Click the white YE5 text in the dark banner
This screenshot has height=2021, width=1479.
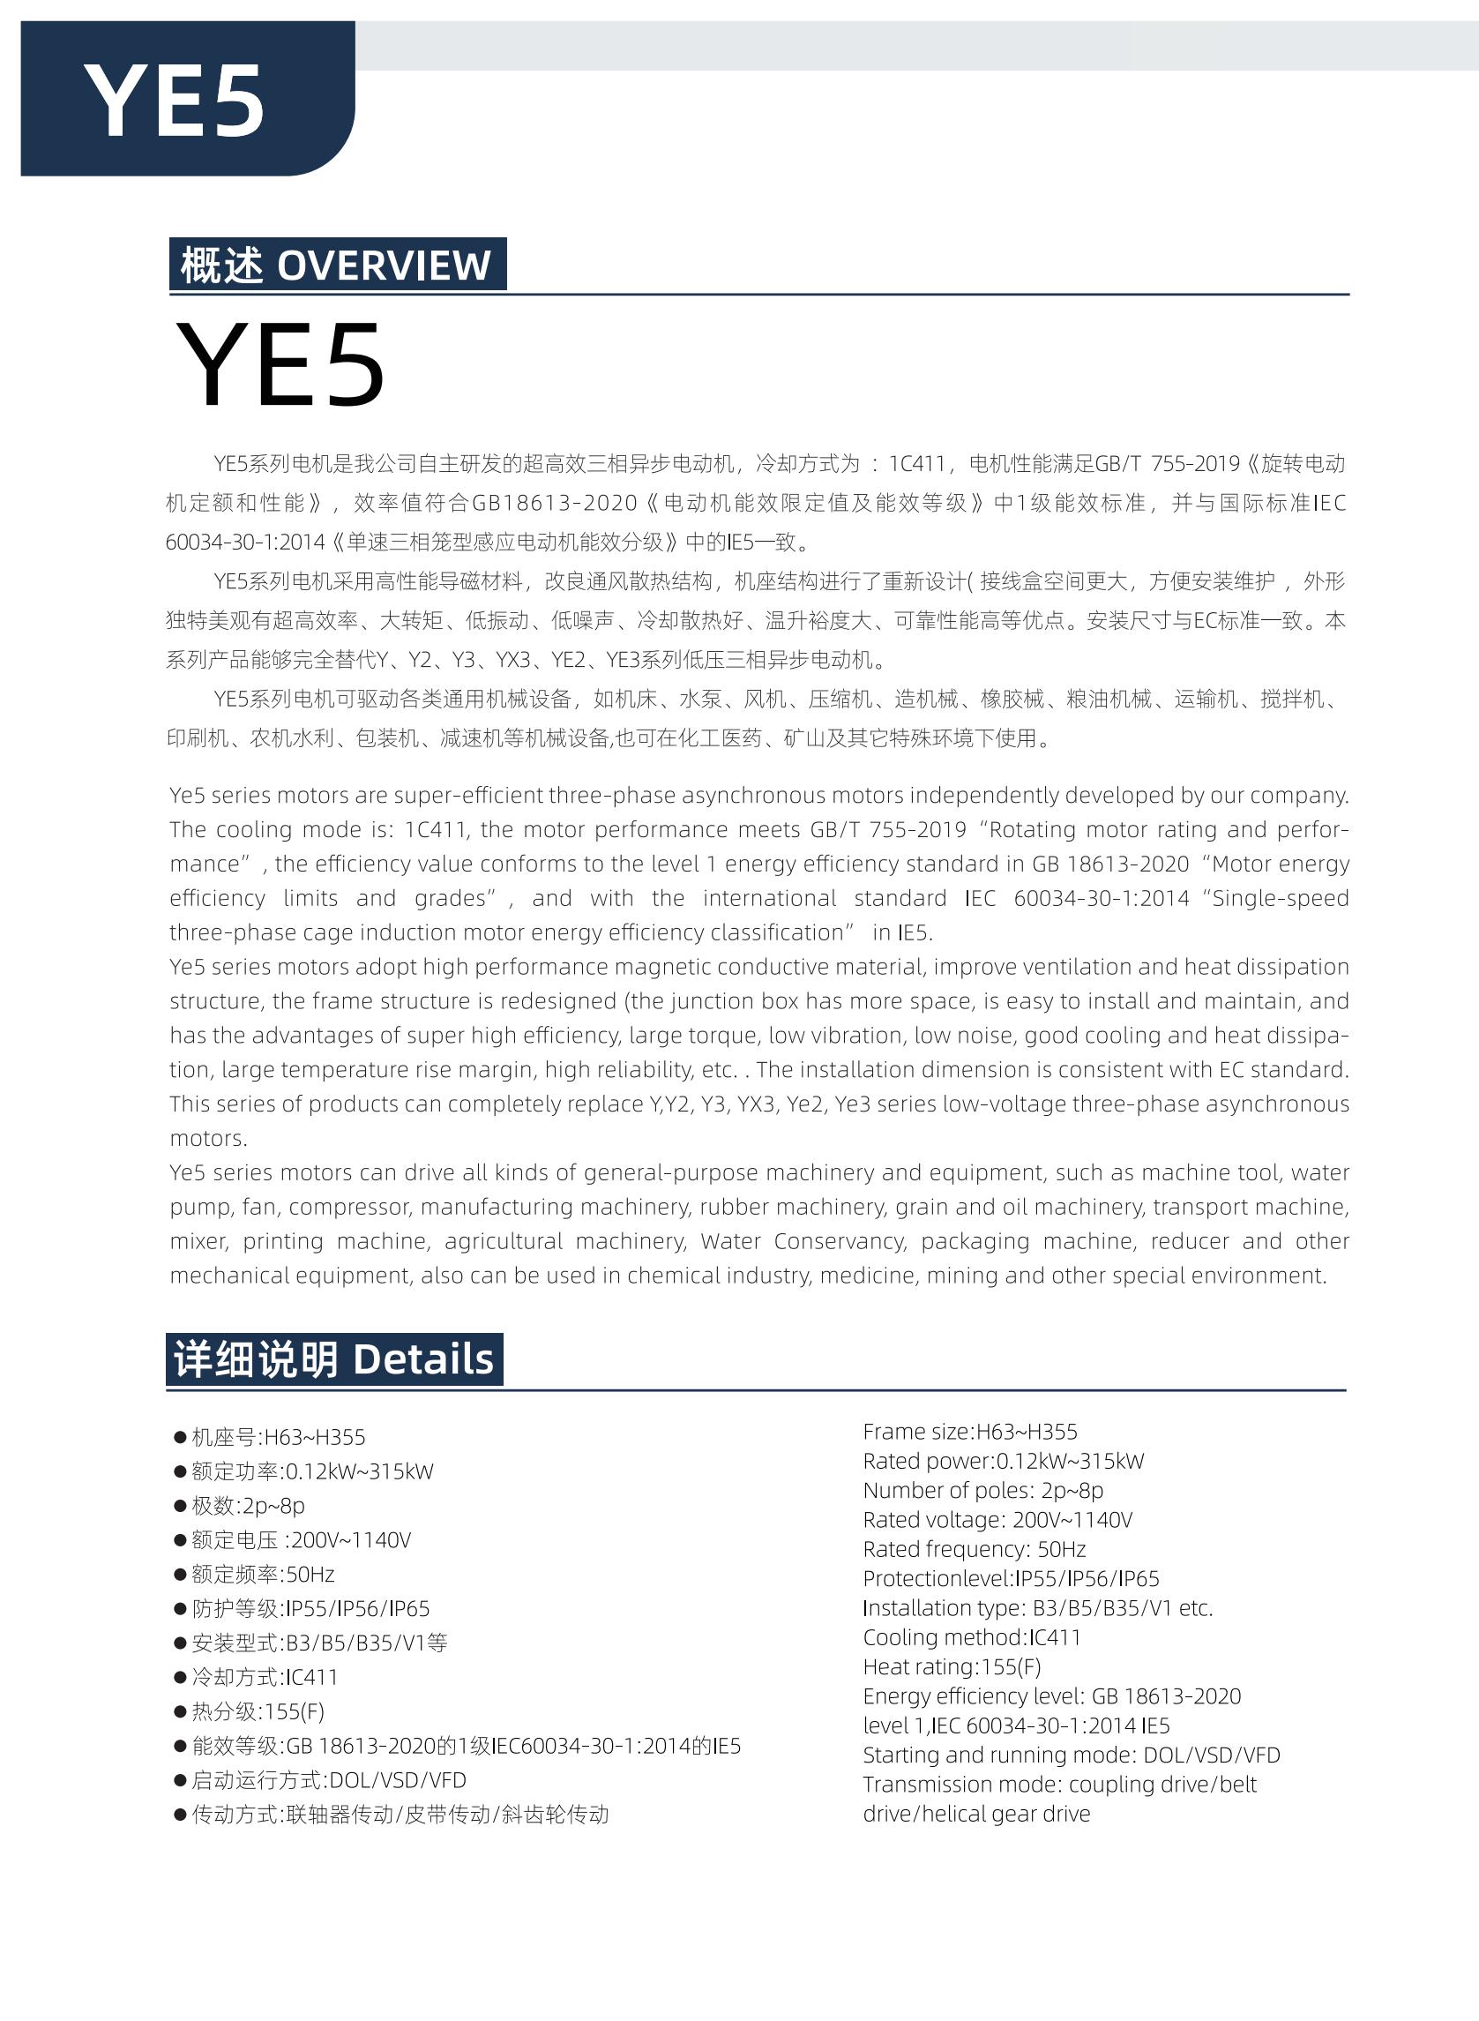pos(175,101)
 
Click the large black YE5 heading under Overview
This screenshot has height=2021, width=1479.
pos(280,365)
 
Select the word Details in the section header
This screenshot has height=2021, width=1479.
pos(423,1359)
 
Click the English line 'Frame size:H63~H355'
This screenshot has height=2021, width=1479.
pos(969,1432)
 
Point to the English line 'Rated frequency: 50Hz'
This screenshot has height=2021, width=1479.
pos(974,1549)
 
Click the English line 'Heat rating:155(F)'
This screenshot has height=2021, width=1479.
pos(952,1666)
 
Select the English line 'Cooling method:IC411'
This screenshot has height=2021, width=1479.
pos(971,1637)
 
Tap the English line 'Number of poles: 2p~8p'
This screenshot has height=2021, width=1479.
pos(983,1490)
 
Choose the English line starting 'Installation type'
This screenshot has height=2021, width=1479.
pos(1038,1608)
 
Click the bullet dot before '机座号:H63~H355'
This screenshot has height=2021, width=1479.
pos(179,1438)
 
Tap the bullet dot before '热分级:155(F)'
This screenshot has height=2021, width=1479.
pos(179,1712)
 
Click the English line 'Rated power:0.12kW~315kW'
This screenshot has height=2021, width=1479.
pos(1003,1462)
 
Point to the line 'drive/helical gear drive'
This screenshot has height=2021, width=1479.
pos(975,1815)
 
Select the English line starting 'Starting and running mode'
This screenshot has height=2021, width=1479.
pos(1071,1755)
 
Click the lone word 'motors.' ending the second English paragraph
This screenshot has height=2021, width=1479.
pos(209,1139)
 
